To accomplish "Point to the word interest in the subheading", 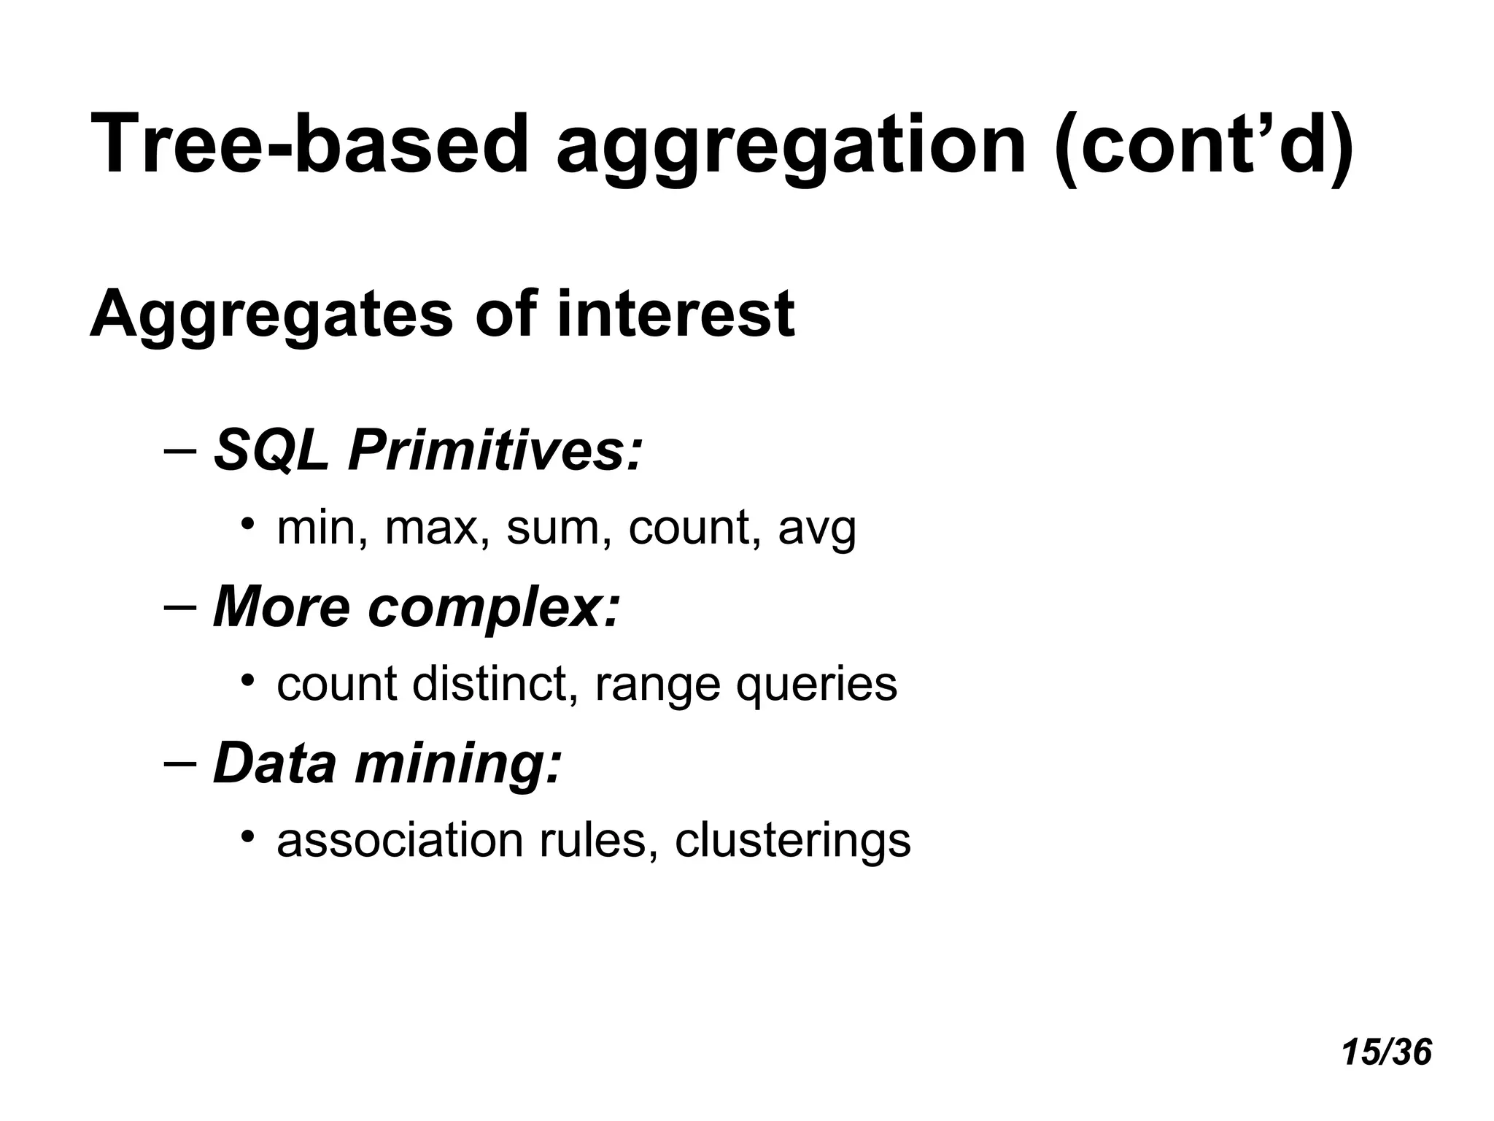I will [x=675, y=315].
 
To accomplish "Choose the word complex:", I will [x=494, y=609].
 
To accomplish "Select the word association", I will [x=400, y=841].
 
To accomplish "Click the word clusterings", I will [x=792, y=842].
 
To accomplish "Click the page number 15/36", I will [x=1386, y=1053].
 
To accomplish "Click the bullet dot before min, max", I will [x=248, y=523].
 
